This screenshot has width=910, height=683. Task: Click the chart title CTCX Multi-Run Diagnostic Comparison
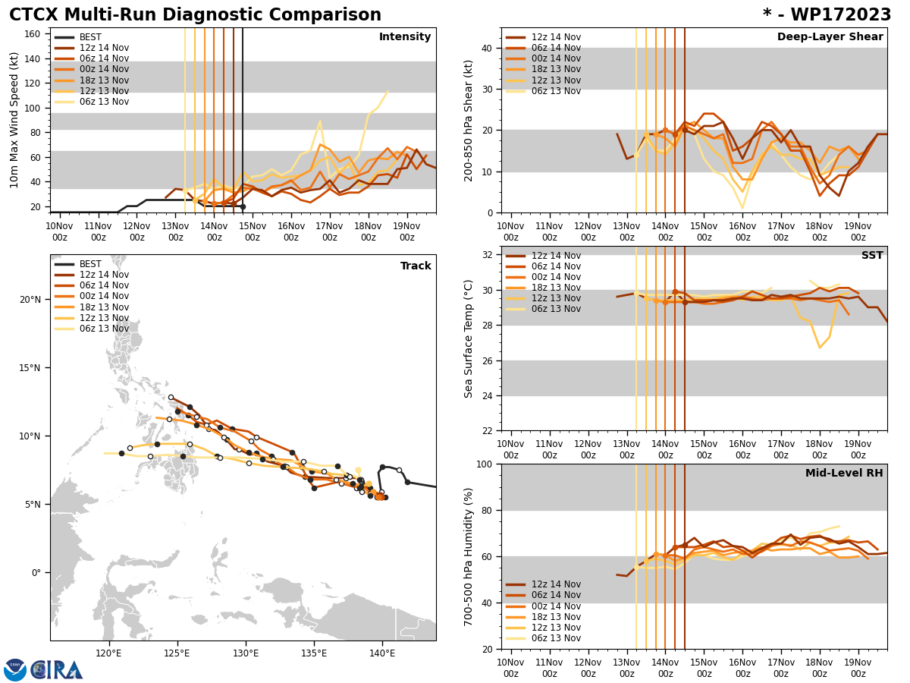pos(195,15)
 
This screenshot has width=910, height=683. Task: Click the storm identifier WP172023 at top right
pos(827,15)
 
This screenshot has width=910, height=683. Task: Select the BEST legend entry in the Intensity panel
pos(90,37)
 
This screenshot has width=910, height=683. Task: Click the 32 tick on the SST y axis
pos(488,255)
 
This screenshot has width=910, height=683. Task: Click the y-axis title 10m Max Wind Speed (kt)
pos(14,120)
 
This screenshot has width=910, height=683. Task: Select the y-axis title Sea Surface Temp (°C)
pos(469,338)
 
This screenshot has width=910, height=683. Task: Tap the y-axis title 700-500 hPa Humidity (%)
pos(469,556)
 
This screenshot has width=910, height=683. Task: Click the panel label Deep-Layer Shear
pos(830,37)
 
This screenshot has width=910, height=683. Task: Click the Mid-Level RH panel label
pos(844,474)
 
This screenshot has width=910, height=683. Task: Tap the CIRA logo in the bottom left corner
pos(43,669)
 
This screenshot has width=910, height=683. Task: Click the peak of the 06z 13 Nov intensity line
pos(387,92)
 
